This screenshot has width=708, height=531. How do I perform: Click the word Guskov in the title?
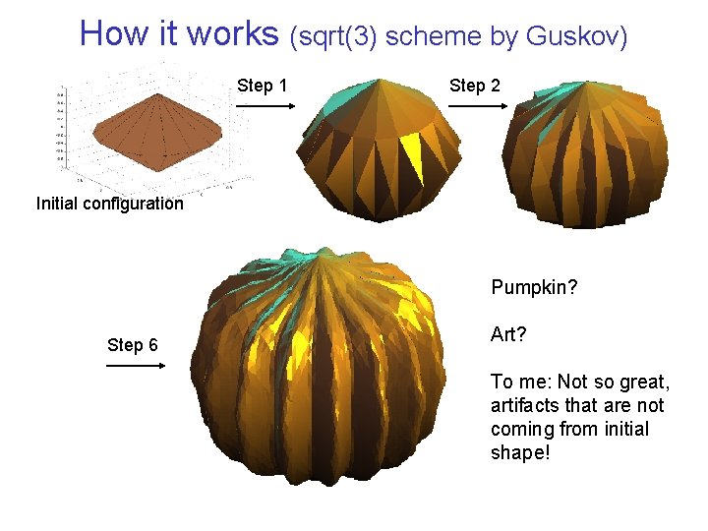click(x=577, y=36)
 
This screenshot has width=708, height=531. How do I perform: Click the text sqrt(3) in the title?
click(x=334, y=36)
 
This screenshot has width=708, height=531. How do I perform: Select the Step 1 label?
click(x=263, y=86)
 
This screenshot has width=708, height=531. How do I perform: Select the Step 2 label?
click(x=475, y=86)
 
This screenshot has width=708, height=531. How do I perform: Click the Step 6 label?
click(x=133, y=345)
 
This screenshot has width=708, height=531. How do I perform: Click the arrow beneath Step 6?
click(x=135, y=366)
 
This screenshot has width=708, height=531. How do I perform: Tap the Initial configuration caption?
click(x=109, y=205)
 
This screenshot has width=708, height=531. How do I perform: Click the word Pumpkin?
click(x=534, y=289)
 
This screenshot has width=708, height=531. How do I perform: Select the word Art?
click(x=508, y=335)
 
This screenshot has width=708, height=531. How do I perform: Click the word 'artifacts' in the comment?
click(x=529, y=405)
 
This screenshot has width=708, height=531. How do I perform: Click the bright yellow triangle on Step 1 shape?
click(x=410, y=155)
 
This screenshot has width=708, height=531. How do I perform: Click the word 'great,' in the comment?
click(x=641, y=382)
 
